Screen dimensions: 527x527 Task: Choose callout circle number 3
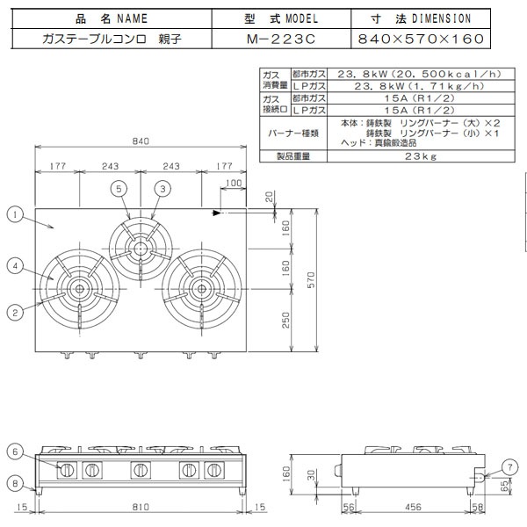point(162,188)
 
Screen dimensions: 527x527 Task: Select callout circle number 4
point(15,264)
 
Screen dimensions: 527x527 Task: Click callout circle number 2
point(15,309)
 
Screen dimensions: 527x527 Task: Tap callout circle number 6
point(15,451)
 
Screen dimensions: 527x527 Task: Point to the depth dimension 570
point(309,278)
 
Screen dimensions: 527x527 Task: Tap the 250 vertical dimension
point(285,321)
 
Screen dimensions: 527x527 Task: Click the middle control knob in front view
point(139,470)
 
